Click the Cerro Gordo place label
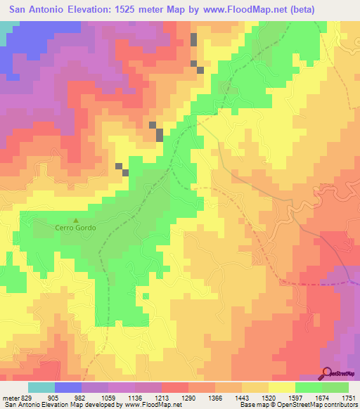pyautogui.click(x=75, y=228)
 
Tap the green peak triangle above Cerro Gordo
pyautogui.click(x=76, y=221)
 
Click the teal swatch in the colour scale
pyautogui.click(x=41, y=387)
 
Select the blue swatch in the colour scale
pyautogui.click(x=68, y=387)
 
